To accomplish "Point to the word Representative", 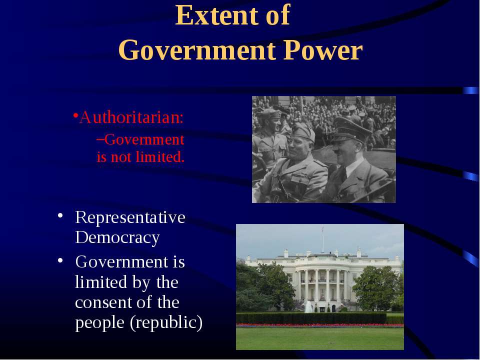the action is tap(130, 217).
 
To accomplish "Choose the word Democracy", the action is tap(117, 237).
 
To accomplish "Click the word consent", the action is tap(104, 302).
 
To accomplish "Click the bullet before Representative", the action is tap(60, 215).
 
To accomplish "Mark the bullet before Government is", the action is tap(60, 260).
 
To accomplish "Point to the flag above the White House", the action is tap(322, 229).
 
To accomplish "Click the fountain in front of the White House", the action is tap(309, 306).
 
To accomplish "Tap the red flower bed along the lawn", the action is tap(320, 325).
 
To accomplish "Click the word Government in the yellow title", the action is tap(196, 50).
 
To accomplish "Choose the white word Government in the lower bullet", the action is tap(122, 262).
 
